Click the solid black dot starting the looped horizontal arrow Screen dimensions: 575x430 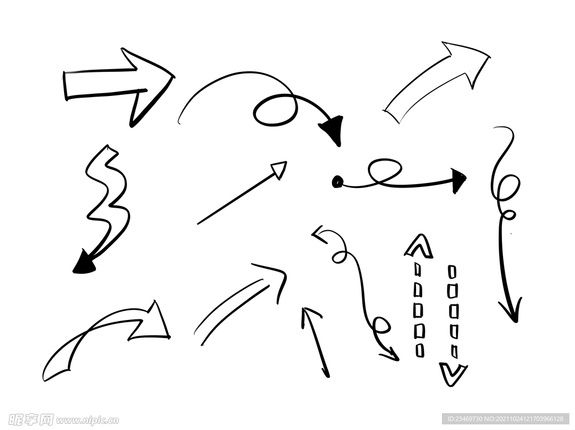(x=337, y=181)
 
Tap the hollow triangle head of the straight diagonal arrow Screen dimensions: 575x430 (x=280, y=170)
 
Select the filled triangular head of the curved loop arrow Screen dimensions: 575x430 (x=332, y=129)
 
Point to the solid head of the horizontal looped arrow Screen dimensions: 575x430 (x=458, y=180)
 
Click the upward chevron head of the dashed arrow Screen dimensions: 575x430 (x=419, y=246)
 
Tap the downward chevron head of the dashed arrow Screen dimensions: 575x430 (x=453, y=374)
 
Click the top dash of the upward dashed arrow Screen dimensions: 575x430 (x=418, y=269)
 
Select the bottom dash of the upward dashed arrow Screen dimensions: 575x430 (x=419, y=350)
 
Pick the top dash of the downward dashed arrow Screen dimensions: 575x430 (x=453, y=272)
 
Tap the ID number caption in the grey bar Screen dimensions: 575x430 (x=506, y=419)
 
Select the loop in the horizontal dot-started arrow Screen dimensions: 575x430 (x=384, y=172)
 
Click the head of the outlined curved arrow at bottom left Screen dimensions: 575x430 (x=154, y=323)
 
